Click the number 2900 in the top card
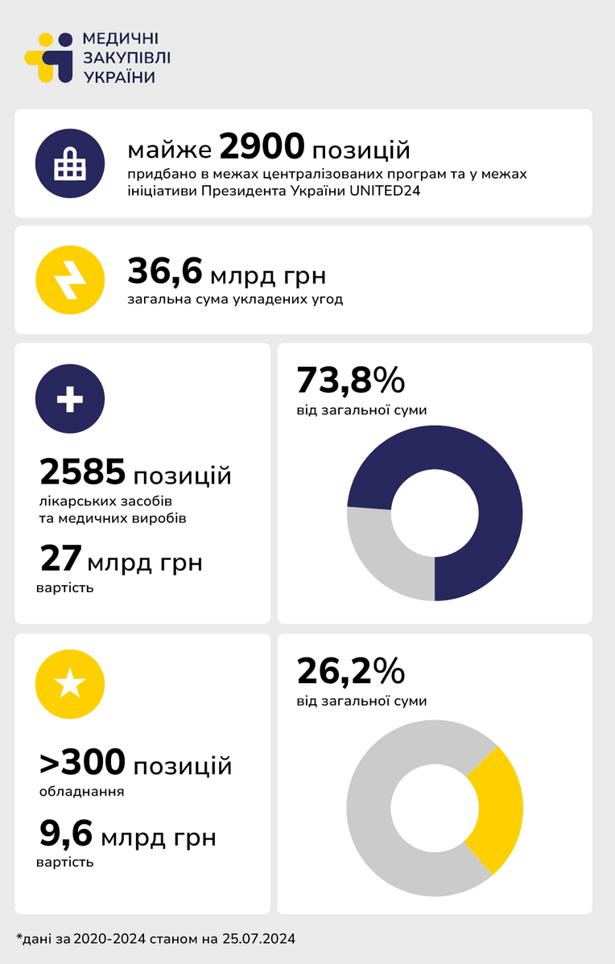[x=262, y=146]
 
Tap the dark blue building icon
[x=70, y=163]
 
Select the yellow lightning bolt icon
[x=70, y=280]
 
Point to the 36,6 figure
[x=165, y=272]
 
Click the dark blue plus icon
[x=70, y=398]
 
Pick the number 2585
[x=83, y=472]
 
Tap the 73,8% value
[x=350, y=380]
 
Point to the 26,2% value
[x=350, y=671]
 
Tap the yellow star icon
[x=70, y=684]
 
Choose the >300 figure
[x=83, y=762]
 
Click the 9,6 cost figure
[x=67, y=834]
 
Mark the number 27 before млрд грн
[x=61, y=558]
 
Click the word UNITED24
[x=385, y=191]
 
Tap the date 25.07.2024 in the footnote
[x=259, y=939]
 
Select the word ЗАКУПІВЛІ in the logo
[x=126, y=58]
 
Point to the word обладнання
[x=82, y=792]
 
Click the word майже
[x=170, y=150]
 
